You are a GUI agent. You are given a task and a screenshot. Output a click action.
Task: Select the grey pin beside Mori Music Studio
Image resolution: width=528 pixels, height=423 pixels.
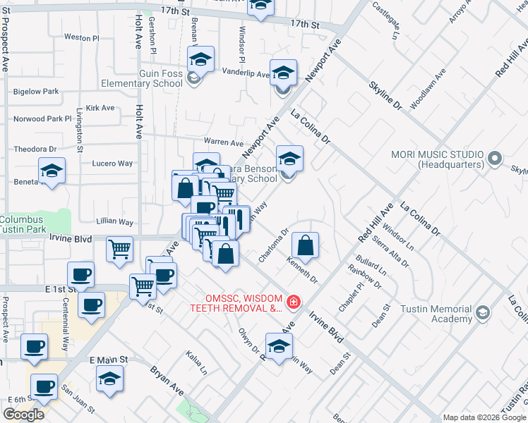[496, 158]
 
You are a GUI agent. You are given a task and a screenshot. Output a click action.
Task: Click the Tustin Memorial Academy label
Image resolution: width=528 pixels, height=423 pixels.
[433, 314]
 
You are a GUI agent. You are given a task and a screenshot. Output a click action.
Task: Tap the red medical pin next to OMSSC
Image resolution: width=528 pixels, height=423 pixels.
[292, 303]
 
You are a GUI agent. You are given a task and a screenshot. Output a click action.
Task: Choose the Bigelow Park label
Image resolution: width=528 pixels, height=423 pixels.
[36, 92]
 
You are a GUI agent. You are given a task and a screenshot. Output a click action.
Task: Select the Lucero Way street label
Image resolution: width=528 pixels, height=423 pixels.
[112, 164]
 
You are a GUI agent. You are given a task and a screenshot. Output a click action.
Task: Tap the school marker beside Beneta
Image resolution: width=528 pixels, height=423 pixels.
[52, 171]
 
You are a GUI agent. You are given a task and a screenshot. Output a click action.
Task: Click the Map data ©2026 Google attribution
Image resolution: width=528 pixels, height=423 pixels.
[484, 417]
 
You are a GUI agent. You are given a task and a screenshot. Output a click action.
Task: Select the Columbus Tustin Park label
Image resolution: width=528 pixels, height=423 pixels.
[32, 224]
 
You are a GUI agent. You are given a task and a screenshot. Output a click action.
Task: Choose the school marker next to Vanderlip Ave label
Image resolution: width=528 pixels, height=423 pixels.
[283, 73]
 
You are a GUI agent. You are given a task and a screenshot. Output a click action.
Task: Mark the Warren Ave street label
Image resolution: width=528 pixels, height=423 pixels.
[223, 143]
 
